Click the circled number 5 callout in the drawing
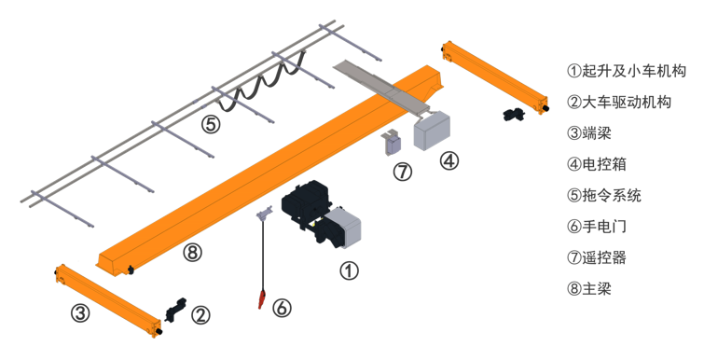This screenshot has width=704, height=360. click(x=211, y=124)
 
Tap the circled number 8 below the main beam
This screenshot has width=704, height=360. click(x=192, y=253)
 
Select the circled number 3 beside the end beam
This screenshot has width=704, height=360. click(x=80, y=312)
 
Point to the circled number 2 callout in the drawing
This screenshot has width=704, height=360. click(x=200, y=315)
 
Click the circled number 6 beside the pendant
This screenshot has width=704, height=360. click(x=282, y=308)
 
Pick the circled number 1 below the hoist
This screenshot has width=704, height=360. click(x=349, y=270)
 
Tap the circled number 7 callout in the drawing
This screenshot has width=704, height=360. click(x=402, y=172)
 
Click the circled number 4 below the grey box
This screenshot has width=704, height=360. click(x=449, y=160)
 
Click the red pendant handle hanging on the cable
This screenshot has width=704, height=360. click(x=262, y=298)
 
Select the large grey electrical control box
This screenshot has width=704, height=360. click(x=432, y=131)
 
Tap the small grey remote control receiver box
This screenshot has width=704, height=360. click(x=393, y=145)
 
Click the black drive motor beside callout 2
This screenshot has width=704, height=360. click(x=175, y=309)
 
